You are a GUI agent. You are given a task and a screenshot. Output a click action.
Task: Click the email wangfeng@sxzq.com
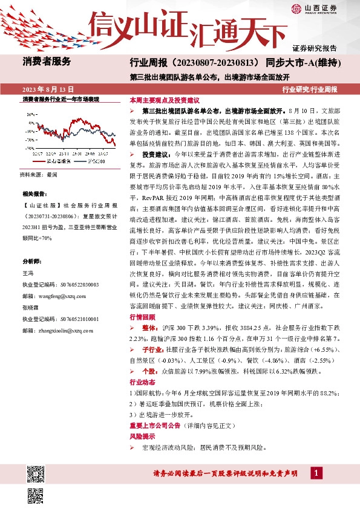click(x=57, y=280)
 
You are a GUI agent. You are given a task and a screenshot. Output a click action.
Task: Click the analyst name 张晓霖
click(x=31, y=306)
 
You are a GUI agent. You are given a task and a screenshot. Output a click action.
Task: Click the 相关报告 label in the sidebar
click(x=34, y=194)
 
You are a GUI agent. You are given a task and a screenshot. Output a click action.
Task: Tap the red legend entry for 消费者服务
click(x=56, y=161)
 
